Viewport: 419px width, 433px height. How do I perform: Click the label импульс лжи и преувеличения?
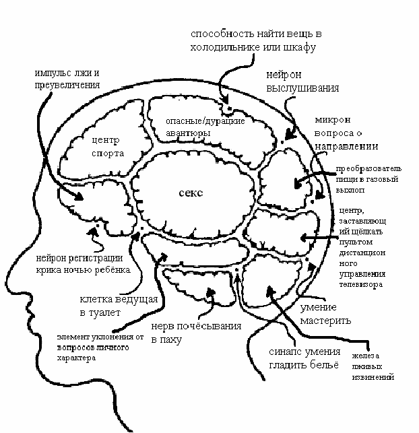point(67,79)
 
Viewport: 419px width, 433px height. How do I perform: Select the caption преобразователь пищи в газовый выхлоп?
point(367,179)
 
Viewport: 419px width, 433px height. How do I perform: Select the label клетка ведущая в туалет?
point(119,306)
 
